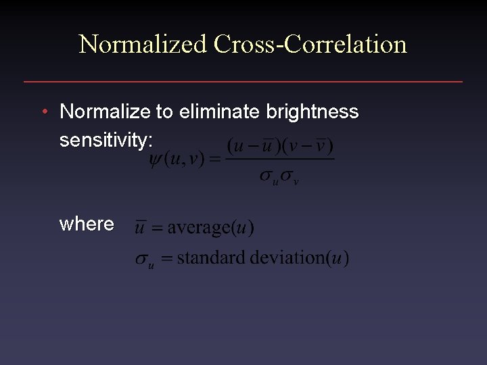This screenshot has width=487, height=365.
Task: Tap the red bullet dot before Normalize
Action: (x=43, y=111)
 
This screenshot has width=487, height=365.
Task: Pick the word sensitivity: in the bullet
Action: (x=107, y=140)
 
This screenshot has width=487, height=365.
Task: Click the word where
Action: (x=87, y=224)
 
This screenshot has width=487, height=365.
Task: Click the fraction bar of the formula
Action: (x=280, y=160)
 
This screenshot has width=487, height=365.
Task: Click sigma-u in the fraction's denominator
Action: (x=270, y=176)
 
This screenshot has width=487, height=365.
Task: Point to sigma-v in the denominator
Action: (x=289, y=176)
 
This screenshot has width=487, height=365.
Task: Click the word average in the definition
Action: (x=199, y=228)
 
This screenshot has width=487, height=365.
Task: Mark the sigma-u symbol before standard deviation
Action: (x=143, y=260)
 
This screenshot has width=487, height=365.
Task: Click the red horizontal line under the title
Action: (x=243, y=82)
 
